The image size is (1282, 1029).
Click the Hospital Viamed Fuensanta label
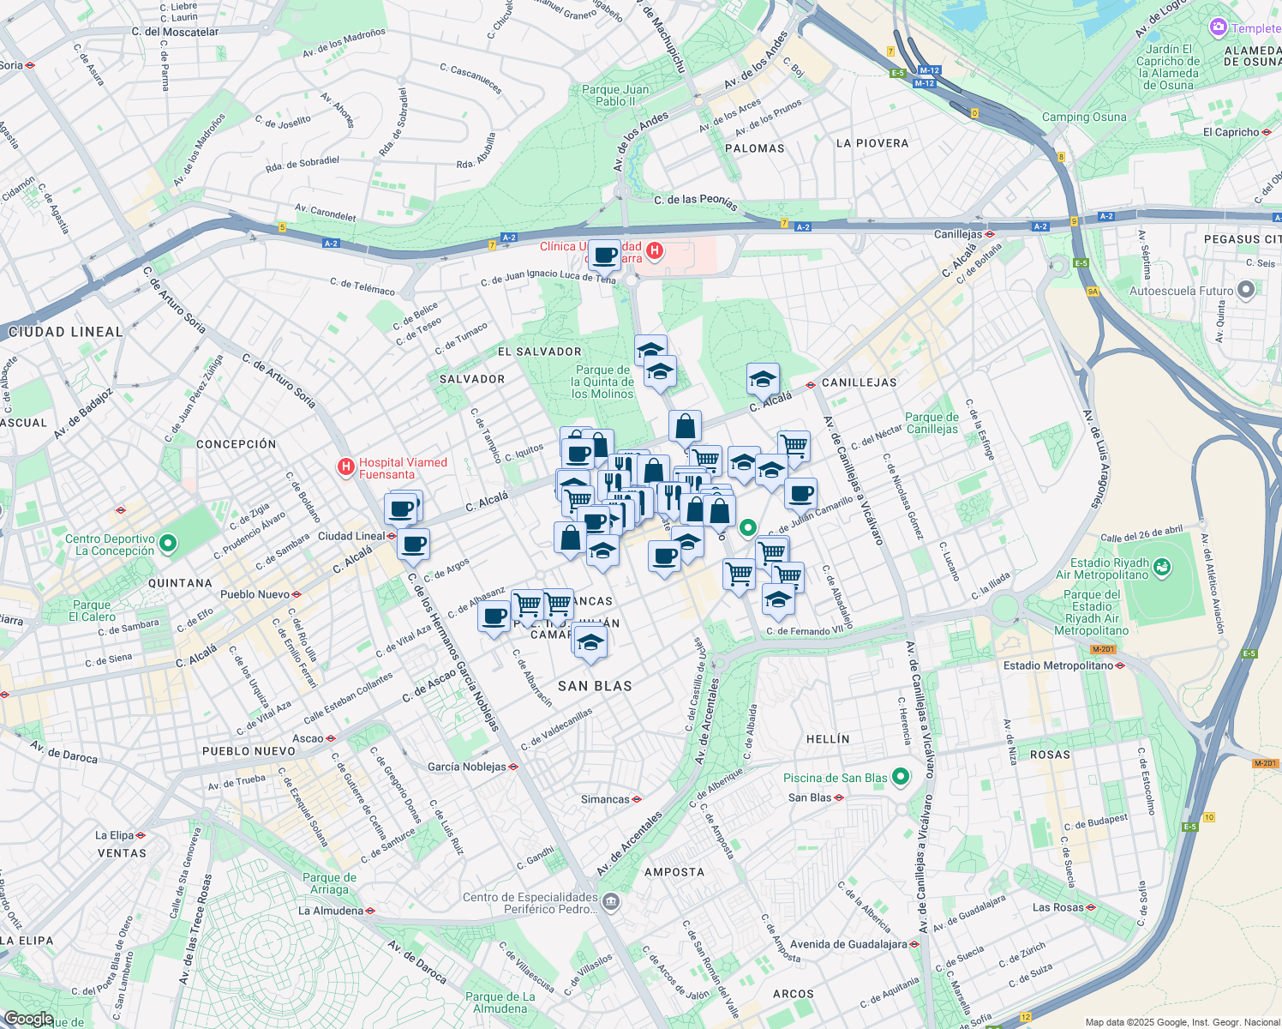(403, 468)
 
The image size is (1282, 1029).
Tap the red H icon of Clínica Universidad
(654, 250)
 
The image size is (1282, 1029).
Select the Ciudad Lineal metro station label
(351, 536)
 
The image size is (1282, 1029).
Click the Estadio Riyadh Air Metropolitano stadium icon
(1161, 566)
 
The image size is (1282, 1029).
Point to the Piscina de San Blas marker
(900, 777)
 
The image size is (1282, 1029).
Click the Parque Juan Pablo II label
(615, 95)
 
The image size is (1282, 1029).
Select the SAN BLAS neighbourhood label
(595, 686)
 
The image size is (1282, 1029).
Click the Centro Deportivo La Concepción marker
(168, 543)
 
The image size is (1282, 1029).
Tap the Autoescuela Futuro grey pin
(1246, 290)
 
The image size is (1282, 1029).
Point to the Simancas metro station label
(605, 799)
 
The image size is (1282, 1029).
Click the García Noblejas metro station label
(467, 767)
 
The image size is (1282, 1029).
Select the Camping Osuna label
(1084, 117)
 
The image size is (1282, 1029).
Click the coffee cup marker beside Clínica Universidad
(605, 255)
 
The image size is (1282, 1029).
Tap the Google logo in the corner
(27, 1019)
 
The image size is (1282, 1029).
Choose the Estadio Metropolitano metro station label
(1058, 665)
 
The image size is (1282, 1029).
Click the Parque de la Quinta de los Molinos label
(602, 382)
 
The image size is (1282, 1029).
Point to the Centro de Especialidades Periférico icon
(610, 901)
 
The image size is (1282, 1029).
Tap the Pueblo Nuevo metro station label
(255, 594)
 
